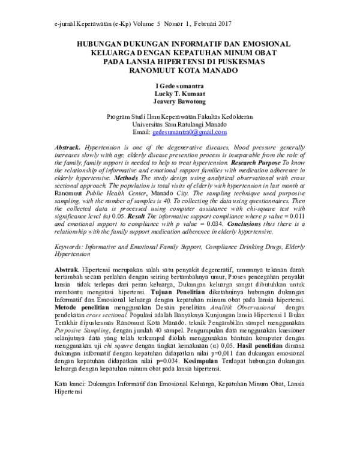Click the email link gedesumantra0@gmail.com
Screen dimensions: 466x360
(189, 132)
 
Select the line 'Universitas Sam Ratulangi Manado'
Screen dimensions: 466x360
(179, 124)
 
